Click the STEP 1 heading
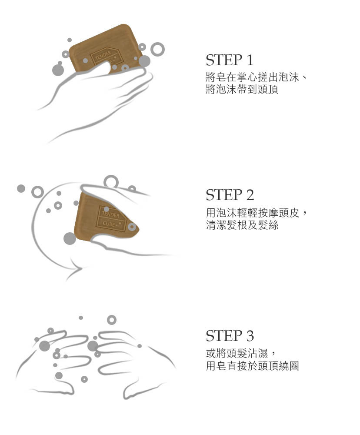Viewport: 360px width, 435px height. click(230, 60)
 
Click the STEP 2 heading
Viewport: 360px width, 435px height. click(230, 195)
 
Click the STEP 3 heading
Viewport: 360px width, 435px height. click(230, 336)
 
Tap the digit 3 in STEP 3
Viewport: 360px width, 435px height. click(250, 336)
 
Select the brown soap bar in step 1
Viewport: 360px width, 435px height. click(107, 49)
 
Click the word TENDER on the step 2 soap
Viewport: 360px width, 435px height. click(110, 214)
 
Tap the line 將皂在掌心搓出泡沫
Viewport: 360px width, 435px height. click(252, 77)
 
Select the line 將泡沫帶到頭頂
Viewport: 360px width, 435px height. click(242, 89)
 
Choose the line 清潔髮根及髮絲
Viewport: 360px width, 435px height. click(242, 225)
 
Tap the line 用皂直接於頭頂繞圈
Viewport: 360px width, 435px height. click(252, 366)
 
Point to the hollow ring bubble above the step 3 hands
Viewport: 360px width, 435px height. click(111, 315)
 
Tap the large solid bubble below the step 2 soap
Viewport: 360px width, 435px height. click(70, 238)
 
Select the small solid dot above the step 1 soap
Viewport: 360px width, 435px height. click(69, 40)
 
